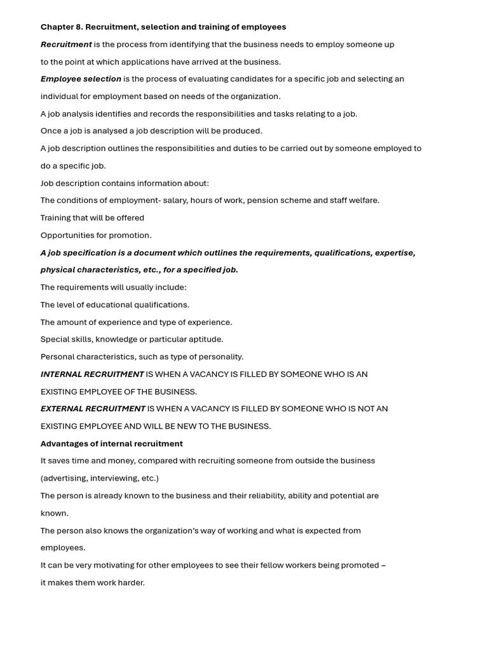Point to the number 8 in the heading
click(x=79, y=27)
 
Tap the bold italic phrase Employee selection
click(x=81, y=79)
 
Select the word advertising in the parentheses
click(x=64, y=478)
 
